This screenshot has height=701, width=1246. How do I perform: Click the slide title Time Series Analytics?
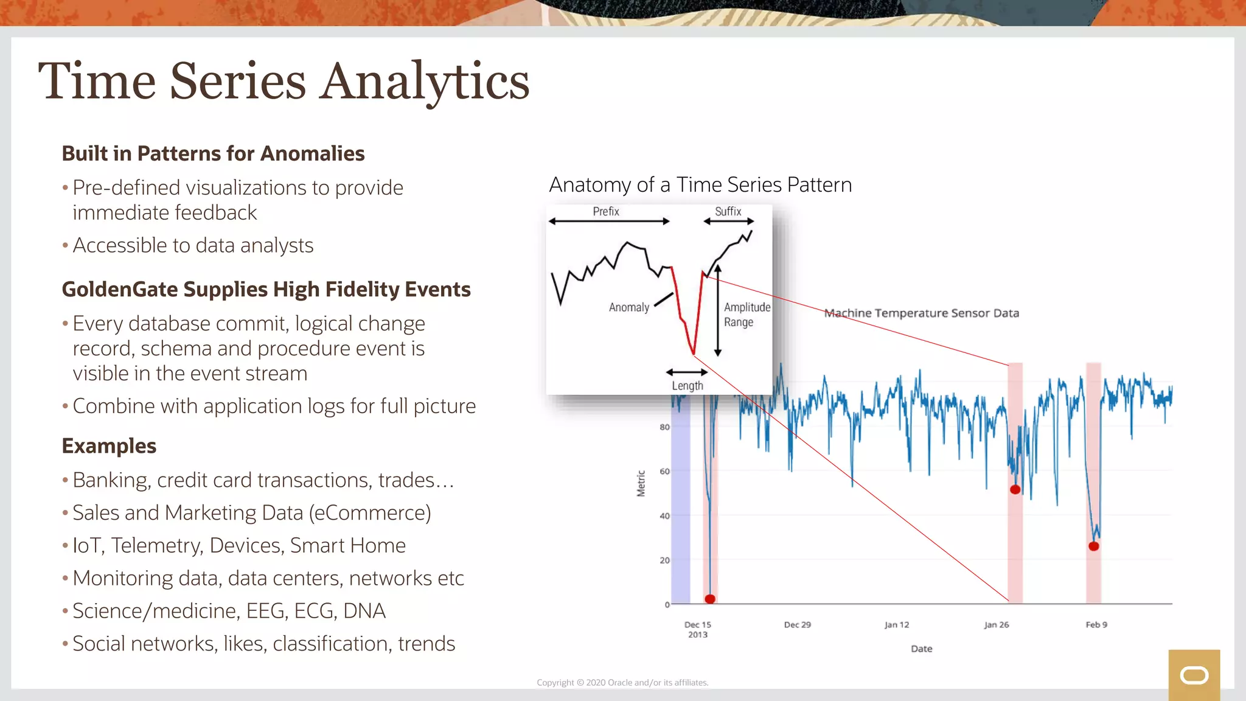tap(284, 82)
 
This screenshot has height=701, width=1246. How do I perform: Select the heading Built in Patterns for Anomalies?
tap(213, 153)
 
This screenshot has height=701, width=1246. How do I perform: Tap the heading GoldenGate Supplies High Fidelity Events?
tap(266, 289)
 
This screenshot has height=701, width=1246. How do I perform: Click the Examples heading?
tap(109, 446)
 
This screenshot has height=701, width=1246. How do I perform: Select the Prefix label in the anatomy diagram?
tap(606, 211)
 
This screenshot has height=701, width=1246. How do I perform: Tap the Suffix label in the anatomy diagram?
tap(728, 211)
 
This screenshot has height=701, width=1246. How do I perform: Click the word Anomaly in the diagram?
tap(629, 307)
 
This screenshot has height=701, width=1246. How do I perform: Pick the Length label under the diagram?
tap(687, 386)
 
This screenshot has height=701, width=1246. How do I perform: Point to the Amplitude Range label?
tap(747, 315)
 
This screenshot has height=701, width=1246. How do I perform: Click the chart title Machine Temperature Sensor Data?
tap(921, 313)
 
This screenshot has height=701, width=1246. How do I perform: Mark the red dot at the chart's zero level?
tap(710, 599)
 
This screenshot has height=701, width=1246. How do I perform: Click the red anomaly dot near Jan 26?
tap(1015, 489)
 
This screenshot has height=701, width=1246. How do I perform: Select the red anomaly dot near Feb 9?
tap(1093, 546)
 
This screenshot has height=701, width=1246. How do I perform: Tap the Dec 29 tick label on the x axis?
tap(797, 625)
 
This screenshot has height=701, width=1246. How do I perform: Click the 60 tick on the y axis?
tap(664, 472)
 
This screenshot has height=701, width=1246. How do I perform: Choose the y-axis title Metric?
tap(641, 483)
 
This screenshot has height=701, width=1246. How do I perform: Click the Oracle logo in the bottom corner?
tap(1194, 675)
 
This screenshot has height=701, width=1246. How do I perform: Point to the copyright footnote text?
tap(622, 683)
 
